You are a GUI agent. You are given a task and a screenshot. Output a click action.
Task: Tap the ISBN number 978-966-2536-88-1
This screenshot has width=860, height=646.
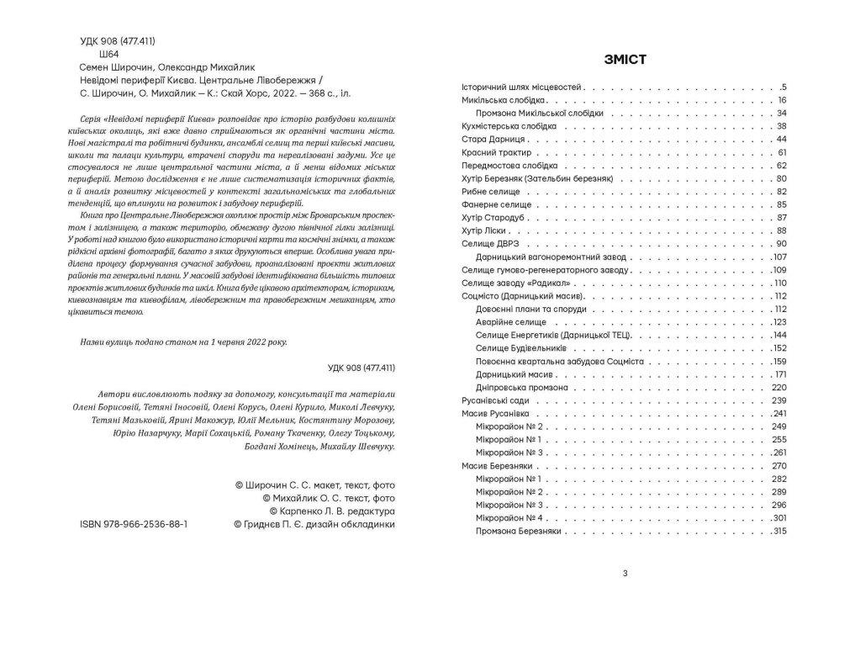tap(133, 523)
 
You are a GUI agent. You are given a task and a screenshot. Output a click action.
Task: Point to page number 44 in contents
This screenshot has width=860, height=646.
tap(780, 139)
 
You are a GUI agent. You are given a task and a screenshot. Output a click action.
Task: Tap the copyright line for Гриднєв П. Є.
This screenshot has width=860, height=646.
tap(313, 523)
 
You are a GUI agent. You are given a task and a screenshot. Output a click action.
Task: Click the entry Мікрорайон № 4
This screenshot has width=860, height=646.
tap(513, 518)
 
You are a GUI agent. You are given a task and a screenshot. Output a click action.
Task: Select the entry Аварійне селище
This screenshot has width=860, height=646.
tap(513, 322)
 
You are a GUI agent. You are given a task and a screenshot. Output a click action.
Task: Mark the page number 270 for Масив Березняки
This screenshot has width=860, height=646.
tap(778, 466)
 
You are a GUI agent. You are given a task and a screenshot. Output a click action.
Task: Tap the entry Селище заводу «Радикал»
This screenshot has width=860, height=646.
tap(512, 283)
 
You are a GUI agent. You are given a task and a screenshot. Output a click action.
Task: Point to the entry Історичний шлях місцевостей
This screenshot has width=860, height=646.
tap(522, 87)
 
